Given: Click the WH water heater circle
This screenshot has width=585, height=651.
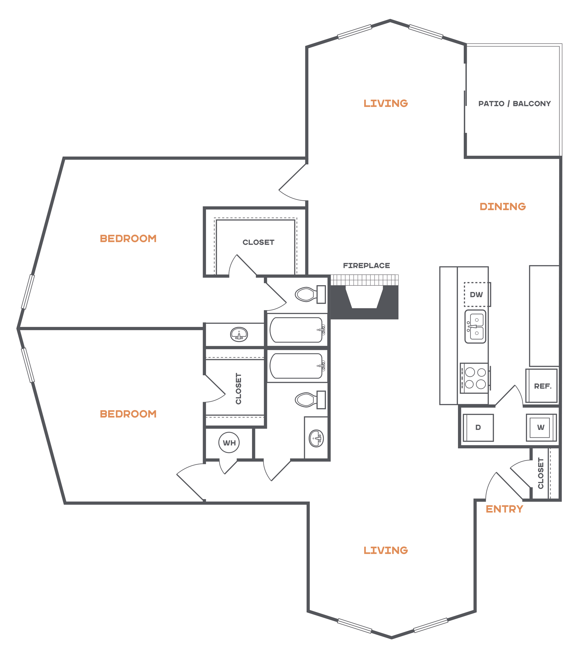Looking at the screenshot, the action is pyautogui.click(x=229, y=442).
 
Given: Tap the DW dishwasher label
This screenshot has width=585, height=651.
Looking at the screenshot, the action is pyautogui.click(x=476, y=295).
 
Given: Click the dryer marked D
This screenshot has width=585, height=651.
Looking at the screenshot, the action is pyautogui.click(x=478, y=428).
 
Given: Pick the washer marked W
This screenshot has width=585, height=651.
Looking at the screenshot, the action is pyautogui.click(x=541, y=427).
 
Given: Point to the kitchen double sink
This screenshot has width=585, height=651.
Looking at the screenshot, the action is pyautogui.click(x=475, y=327).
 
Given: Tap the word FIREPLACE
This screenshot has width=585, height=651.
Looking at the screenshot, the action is pyautogui.click(x=367, y=266).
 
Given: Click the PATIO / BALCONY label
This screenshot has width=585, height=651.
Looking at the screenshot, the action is pyautogui.click(x=515, y=104).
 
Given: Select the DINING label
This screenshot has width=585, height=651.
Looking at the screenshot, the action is pyautogui.click(x=503, y=206).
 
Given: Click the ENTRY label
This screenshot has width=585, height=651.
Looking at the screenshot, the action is pyautogui.click(x=504, y=509).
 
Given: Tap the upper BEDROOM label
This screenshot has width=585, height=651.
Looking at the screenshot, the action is pyautogui.click(x=128, y=239).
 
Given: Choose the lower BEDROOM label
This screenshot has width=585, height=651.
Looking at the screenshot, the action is pyautogui.click(x=128, y=414).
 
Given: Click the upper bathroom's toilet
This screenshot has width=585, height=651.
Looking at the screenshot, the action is pyautogui.click(x=310, y=294).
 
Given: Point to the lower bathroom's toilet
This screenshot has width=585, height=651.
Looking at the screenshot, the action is pyautogui.click(x=310, y=400).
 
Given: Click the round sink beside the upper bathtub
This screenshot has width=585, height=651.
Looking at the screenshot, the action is pyautogui.click(x=239, y=334).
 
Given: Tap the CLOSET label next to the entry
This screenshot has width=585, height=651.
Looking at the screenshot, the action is pyautogui.click(x=541, y=473).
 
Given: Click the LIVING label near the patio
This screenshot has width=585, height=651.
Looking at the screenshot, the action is pyautogui.click(x=386, y=103).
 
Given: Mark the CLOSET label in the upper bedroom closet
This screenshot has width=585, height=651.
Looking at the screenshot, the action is pyautogui.click(x=258, y=242).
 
